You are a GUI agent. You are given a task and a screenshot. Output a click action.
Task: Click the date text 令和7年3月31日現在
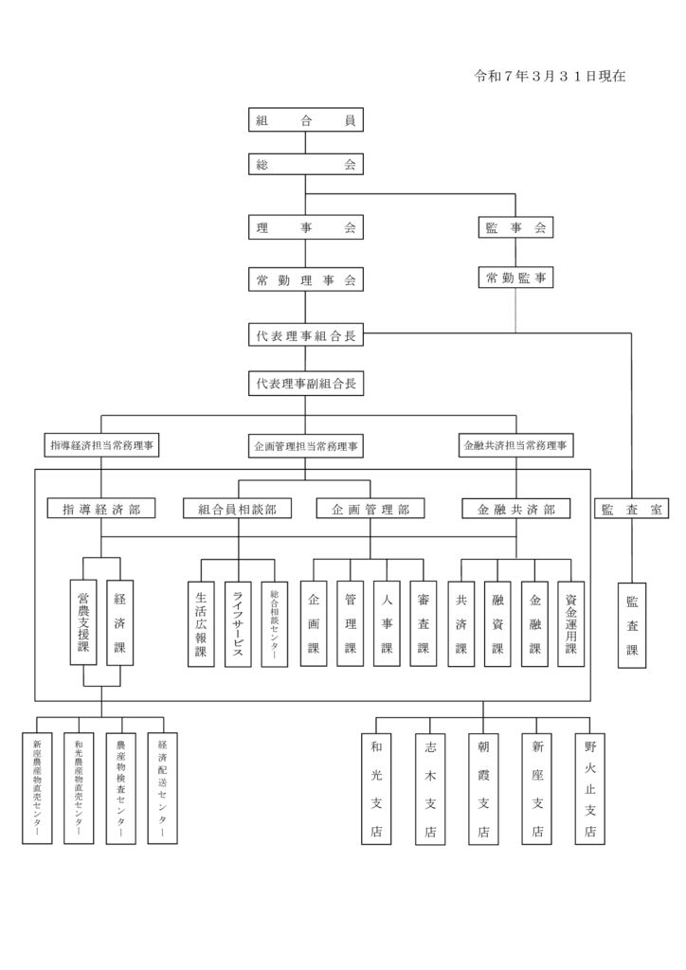tap(550, 76)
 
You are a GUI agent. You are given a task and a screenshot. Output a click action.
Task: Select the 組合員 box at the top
tap(305, 120)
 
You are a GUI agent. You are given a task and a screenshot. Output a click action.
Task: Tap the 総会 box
tap(305, 165)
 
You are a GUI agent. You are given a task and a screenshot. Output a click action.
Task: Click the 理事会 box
tap(305, 227)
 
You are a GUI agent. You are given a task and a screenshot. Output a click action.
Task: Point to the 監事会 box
tap(515, 227)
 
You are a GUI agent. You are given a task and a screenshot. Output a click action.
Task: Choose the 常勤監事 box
tap(515, 278)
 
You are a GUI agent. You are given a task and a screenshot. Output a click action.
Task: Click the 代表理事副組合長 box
tap(305, 384)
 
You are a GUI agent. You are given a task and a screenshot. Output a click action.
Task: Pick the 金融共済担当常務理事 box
tap(516, 443)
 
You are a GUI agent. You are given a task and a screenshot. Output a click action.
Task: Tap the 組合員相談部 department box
tap(238, 510)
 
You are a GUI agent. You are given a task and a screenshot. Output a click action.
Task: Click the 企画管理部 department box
tap(370, 510)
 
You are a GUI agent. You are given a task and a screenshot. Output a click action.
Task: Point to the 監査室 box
tap(632, 510)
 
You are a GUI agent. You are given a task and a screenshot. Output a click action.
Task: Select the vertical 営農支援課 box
tap(83, 622)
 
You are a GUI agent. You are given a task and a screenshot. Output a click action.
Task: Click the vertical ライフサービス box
tap(238, 623)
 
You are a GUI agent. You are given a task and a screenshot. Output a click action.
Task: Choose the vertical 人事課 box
tap(387, 623)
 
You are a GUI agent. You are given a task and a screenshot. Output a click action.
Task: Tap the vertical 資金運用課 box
tap(570, 623)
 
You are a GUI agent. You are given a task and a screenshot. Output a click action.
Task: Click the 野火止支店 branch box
tap(590, 788)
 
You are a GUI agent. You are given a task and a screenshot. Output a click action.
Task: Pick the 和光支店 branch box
tap(376, 788)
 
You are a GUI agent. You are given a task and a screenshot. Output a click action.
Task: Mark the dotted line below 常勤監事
tap(515, 310)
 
